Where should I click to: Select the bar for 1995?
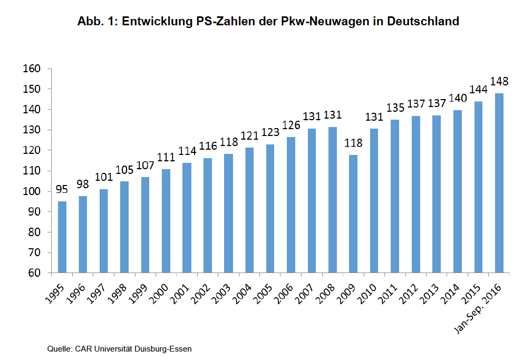pos(62,237)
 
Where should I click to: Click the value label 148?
pos(499,82)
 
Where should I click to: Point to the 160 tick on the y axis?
pos(32,69)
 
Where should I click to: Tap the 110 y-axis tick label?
pos(32,171)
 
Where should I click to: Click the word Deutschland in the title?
pos(424,22)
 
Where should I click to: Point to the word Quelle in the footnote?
pos(60,349)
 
